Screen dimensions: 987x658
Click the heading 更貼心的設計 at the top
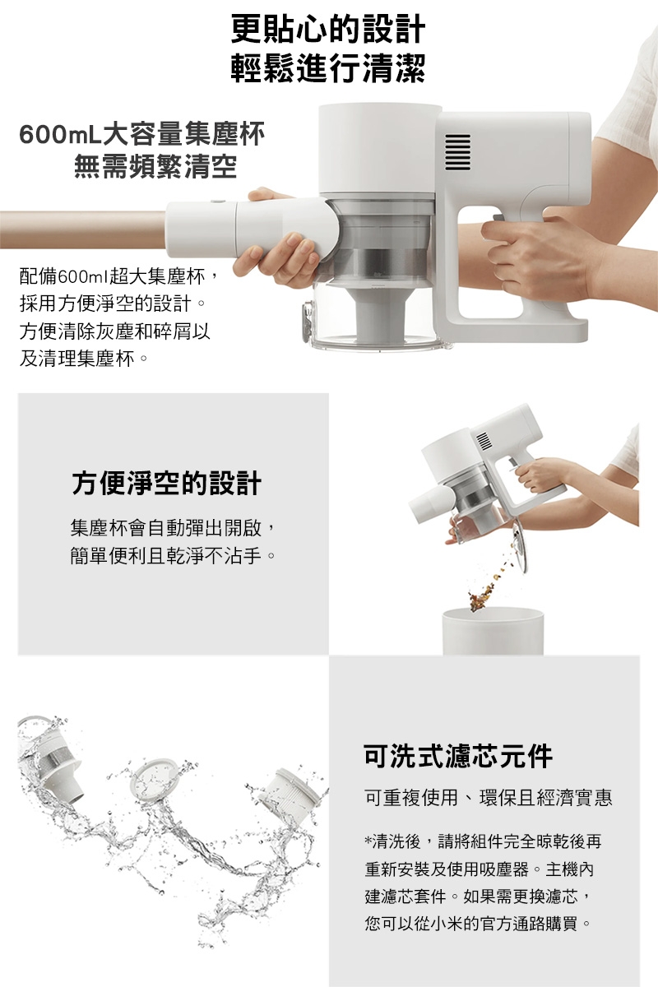click(328, 30)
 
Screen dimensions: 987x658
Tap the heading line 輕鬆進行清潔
click(328, 69)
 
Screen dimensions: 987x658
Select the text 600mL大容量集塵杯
click(142, 133)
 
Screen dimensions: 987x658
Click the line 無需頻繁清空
click(155, 167)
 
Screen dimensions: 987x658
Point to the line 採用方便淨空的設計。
click(112, 304)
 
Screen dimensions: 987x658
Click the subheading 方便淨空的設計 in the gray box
click(166, 483)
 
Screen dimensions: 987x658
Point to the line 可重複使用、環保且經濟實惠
click(489, 798)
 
